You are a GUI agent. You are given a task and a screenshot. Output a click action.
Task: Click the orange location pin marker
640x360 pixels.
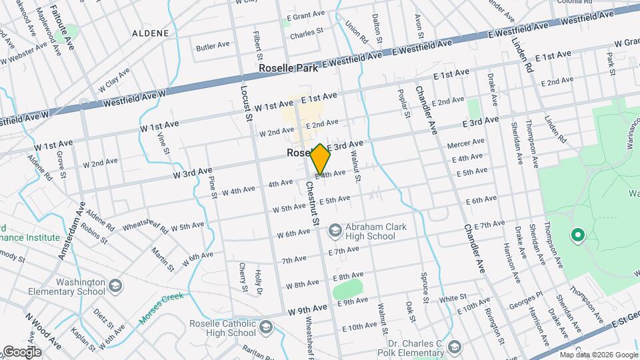320,159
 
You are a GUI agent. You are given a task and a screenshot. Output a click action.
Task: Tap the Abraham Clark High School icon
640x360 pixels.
334,231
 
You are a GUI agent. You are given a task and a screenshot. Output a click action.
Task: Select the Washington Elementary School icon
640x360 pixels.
115,287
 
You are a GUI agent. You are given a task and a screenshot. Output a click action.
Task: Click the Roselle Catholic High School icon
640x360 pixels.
266,327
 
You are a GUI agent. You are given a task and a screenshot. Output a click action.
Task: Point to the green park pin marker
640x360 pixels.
577,235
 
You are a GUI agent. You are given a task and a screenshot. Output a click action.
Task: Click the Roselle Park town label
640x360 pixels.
289,69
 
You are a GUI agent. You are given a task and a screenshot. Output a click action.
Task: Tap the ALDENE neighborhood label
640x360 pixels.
150,33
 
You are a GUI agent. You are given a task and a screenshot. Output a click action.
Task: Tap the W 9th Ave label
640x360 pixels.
308,307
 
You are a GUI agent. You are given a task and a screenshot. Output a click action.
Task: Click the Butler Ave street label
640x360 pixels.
213,46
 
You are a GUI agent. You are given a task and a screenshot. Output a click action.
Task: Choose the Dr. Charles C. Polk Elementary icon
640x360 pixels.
455,346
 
